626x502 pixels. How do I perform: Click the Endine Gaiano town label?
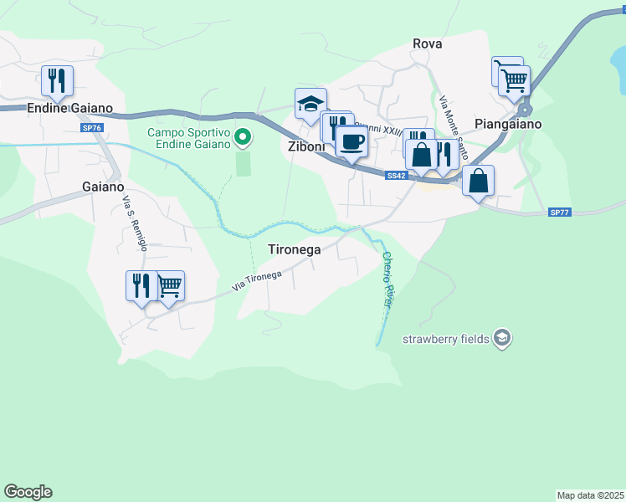tap(64, 108)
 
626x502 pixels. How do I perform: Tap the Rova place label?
tap(427, 44)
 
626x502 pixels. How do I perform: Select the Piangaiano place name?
tap(508, 124)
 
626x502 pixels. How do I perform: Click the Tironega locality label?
tap(294, 249)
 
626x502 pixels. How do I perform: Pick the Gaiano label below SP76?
tap(103, 187)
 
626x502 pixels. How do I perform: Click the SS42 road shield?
tap(397, 176)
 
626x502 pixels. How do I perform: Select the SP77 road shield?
tap(559, 213)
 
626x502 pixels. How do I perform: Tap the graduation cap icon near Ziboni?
tap(310, 104)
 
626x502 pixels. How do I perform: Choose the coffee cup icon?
tap(351, 141)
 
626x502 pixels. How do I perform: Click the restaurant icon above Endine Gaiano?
tap(57, 80)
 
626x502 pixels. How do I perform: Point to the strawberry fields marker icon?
tap(502, 338)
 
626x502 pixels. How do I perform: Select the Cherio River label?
tap(387, 279)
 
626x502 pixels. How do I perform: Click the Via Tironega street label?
tap(256, 282)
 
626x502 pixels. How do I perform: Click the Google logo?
tap(28, 492)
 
